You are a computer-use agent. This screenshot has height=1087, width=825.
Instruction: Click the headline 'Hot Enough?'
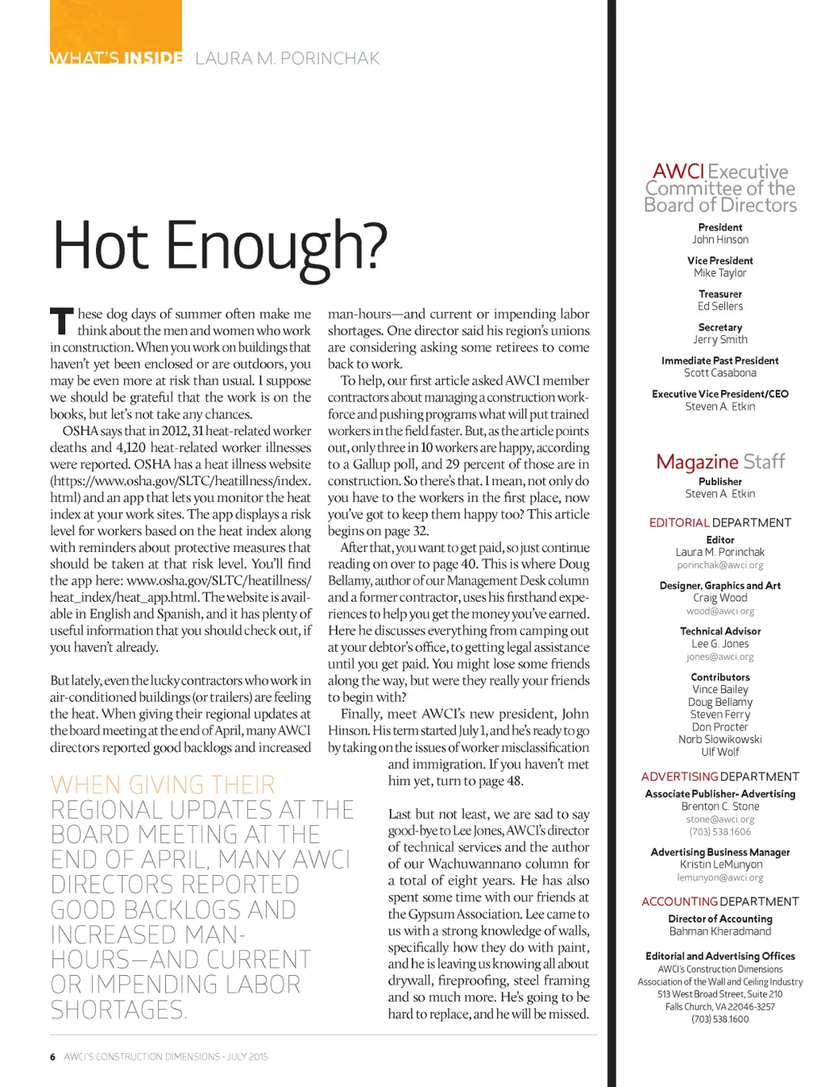[219, 246]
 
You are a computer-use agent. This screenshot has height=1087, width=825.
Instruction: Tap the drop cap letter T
[61, 322]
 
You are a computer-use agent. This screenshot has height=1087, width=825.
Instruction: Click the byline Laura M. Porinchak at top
[287, 58]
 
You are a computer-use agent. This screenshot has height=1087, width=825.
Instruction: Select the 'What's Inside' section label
[116, 58]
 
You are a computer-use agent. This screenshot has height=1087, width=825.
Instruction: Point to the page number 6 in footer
[52, 1056]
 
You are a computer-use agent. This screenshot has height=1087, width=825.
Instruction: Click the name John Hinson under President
[719, 239]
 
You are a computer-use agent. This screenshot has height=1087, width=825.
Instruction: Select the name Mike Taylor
[719, 273]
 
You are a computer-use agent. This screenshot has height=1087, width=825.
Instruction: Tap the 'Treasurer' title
[719, 294]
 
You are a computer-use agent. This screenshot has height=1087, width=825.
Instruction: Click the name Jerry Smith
[719, 339]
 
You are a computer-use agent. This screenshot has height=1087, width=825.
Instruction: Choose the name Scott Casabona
[719, 373]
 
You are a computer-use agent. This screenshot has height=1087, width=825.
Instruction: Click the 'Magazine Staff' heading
[719, 462]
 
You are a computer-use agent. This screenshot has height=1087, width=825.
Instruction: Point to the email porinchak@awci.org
[719, 566]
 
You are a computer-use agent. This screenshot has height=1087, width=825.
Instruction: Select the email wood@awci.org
[719, 612]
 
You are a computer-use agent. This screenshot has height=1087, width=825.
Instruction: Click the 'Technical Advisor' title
[719, 631]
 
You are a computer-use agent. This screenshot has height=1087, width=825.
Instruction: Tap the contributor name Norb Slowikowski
[719, 739]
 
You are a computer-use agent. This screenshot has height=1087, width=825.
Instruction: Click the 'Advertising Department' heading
[719, 777]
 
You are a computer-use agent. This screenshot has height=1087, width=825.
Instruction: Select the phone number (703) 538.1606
[719, 832]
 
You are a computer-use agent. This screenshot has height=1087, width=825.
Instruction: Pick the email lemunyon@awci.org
[719, 877]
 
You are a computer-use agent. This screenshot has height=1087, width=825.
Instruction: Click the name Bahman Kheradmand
[719, 931]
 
